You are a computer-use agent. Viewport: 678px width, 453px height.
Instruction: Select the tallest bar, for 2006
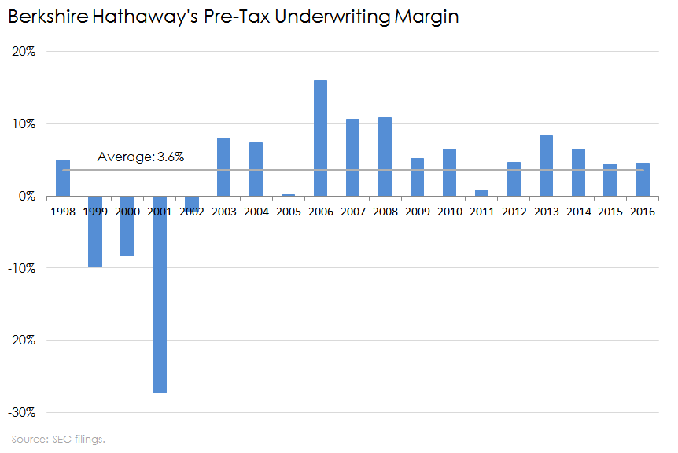tap(321, 138)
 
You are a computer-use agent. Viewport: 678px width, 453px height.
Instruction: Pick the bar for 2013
tap(546, 165)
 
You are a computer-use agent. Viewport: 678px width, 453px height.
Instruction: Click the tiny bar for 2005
tap(289, 194)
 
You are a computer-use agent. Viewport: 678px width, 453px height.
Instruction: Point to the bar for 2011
tap(481, 193)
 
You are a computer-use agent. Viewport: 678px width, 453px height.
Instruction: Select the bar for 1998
tap(63, 178)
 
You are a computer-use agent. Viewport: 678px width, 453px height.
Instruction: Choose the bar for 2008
tap(385, 157)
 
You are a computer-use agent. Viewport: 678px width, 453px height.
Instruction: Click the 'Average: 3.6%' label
tap(141, 157)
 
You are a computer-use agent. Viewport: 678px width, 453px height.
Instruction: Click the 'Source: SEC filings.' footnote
tap(58, 439)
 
